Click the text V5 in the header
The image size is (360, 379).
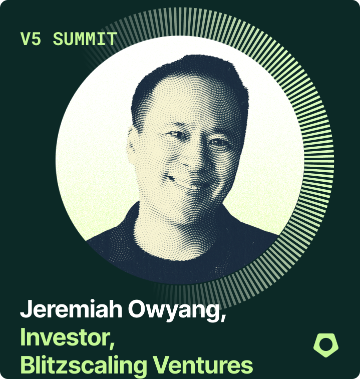point(31,39)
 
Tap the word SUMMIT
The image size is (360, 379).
point(85,39)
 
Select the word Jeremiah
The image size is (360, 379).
point(71,309)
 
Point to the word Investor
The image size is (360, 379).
point(65,337)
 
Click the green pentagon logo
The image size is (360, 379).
point(325,345)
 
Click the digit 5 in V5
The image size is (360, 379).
point(36,39)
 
